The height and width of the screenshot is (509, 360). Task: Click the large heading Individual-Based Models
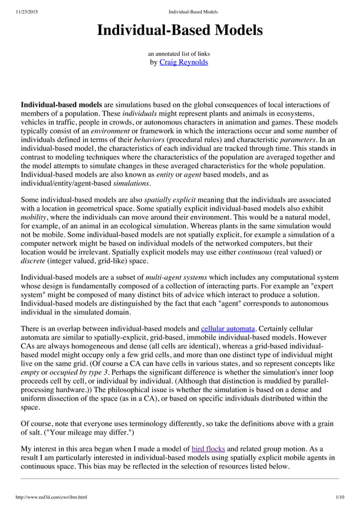pyautogui.click(x=180, y=30)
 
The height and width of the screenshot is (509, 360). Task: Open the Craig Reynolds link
pyautogui.click(x=184, y=62)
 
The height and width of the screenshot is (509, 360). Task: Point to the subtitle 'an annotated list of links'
pyautogui.click(x=179, y=54)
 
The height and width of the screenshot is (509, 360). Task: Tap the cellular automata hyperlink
pyautogui.click(x=229, y=328)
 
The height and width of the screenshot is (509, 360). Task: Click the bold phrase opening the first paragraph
pyautogui.click(x=62, y=106)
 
